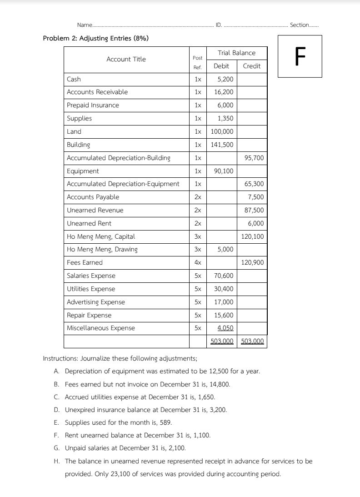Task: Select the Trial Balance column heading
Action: [236, 53]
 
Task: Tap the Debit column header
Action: [221, 66]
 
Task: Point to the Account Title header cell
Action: [126, 59]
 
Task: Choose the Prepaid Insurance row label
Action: [93, 105]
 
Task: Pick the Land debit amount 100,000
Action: [222, 131]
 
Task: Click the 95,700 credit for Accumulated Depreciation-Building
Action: [254, 158]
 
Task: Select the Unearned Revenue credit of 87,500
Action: [254, 210]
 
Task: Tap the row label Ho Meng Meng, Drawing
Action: [102, 249]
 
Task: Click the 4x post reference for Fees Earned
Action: [198, 262]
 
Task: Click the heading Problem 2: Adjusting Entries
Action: [95, 38]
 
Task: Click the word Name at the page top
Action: [84, 25]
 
